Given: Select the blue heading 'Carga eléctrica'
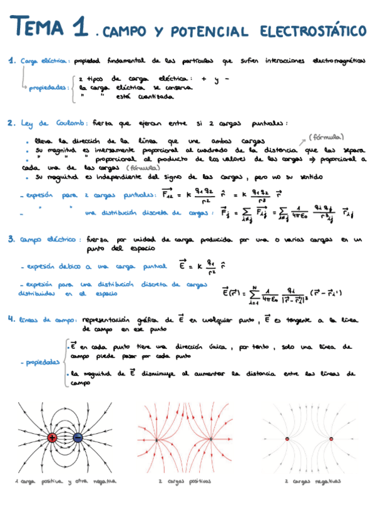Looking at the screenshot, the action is (44, 62).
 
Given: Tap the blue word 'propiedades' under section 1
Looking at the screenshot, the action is (48, 88).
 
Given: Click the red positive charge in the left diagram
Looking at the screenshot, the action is (53, 437).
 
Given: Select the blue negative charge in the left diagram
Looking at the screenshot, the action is (79, 437).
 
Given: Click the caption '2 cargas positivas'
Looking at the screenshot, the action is (185, 482).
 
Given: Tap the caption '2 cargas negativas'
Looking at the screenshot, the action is (312, 482).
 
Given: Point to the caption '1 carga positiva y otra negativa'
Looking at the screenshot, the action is (66, 482).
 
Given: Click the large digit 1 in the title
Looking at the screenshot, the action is (79, 28).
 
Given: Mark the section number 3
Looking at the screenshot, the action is (11, 239).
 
